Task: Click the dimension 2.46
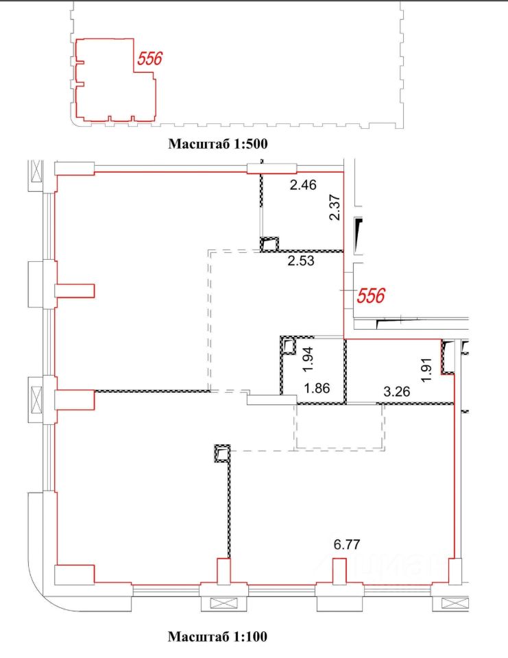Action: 303,184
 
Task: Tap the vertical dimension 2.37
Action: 335,207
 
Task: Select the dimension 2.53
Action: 301,260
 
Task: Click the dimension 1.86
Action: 317,388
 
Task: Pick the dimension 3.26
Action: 397,391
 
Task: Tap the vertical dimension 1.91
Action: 427,370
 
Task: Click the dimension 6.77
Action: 347,544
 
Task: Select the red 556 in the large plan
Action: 371,296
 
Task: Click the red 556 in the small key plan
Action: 150,58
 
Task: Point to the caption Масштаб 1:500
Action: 218,144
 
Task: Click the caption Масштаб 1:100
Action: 217,637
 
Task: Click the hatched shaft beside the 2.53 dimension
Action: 269,244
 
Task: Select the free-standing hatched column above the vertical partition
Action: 222,453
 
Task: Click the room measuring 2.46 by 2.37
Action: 302,212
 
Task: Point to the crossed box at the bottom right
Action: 455,603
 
